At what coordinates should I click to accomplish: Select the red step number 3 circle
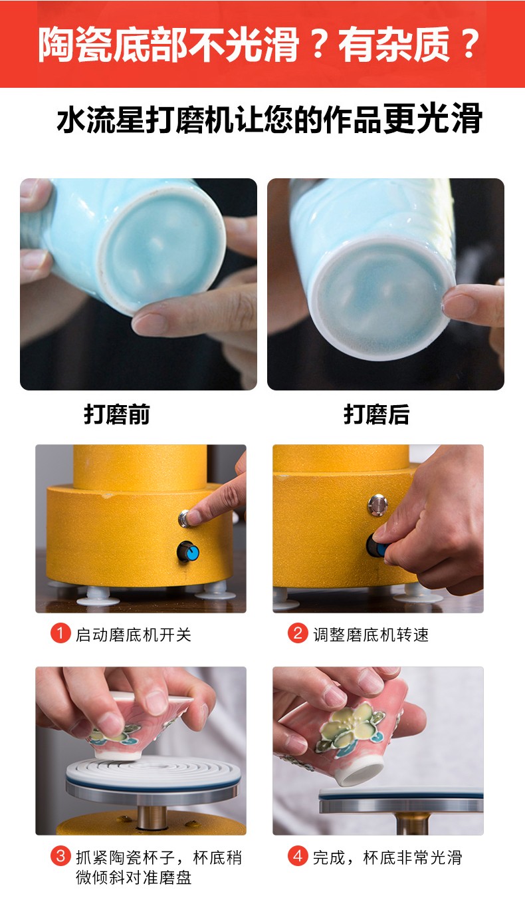(x=60, y=856)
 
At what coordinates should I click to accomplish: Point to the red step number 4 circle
(x=298, y=856)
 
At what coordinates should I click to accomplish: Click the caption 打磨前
(x=117, y=414)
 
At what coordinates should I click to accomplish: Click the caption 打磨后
(x=377, y=414)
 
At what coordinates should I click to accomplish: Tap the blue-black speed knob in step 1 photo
(x=188, y=551)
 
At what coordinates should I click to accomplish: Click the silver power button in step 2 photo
(x=377, y=505)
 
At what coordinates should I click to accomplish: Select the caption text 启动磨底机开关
(x=134, y=635)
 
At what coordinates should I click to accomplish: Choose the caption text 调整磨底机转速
(x=371, y=635)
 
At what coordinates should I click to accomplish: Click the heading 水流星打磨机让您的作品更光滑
(x=269, y=118)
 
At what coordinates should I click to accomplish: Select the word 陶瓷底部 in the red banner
(x=113, y=44)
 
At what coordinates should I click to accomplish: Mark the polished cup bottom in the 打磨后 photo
(x=384, y=299)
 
